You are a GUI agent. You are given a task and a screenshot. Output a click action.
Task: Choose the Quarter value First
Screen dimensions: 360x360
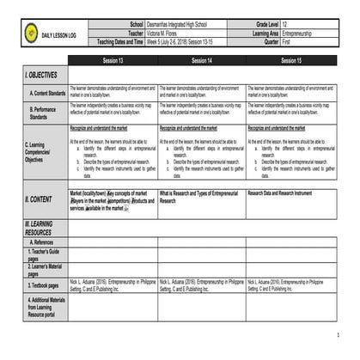point(288,40)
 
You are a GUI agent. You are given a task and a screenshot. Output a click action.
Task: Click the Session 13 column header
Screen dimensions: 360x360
point(113,62)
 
